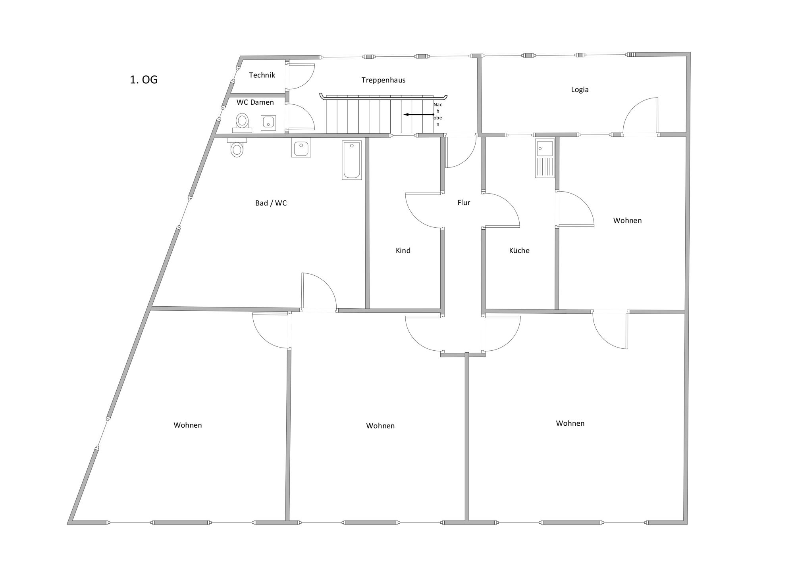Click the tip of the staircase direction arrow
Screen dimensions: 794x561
[404, 115]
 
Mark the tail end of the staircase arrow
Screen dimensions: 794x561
[434, 115]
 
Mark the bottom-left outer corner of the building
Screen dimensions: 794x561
[67, 524]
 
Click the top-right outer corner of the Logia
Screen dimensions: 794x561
[690, 52]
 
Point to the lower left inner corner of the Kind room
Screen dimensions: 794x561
[370, 308]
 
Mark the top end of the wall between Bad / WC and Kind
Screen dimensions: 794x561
[367, 138]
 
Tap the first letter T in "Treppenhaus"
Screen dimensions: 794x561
[363, 80]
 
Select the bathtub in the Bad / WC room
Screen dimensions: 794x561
[352, 160]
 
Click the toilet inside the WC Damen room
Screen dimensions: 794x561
[242, 123]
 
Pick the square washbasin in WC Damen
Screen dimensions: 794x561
[268, 123]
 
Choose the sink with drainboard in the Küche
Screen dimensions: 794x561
[545, 158]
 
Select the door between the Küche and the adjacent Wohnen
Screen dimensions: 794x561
[576, 209]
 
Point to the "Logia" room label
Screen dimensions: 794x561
[580, 90]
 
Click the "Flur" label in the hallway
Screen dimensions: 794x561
[464, 203]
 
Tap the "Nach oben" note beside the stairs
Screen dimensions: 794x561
[438, 115]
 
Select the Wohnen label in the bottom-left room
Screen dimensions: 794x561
[188, 425]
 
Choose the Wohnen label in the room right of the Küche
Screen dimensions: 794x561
[627, 221]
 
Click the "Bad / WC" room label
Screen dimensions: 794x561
[271, 203]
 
